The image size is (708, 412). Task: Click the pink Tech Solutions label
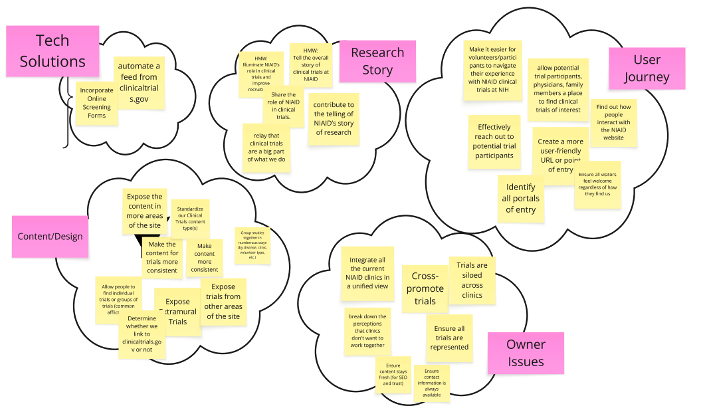pyautogui.click(x=52, y=52)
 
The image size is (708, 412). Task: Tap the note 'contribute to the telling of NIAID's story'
pyautogui.click(x=335, y=117)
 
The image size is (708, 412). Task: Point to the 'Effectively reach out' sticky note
pyautogui.click(x=495, y=137)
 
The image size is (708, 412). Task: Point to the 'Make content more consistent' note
pyautogui.click(x=204, y=257)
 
